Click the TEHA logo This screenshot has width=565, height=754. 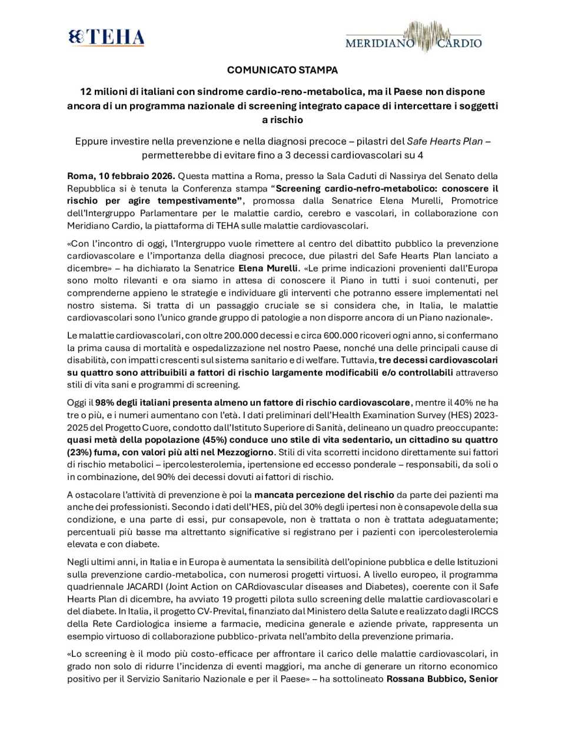tap(107, 37)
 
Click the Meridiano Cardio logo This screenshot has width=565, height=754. tap(413, 38)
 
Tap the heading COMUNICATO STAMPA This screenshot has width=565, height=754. tap(282, 70)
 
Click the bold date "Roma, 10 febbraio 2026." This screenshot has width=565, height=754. tap(121, 176)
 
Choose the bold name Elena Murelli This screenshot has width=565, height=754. tap(268, 268)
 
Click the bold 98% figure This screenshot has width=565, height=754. tap(105, 403)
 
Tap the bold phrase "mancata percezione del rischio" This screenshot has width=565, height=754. tap(324, 495)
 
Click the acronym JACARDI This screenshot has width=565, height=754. tap(145, 587)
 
